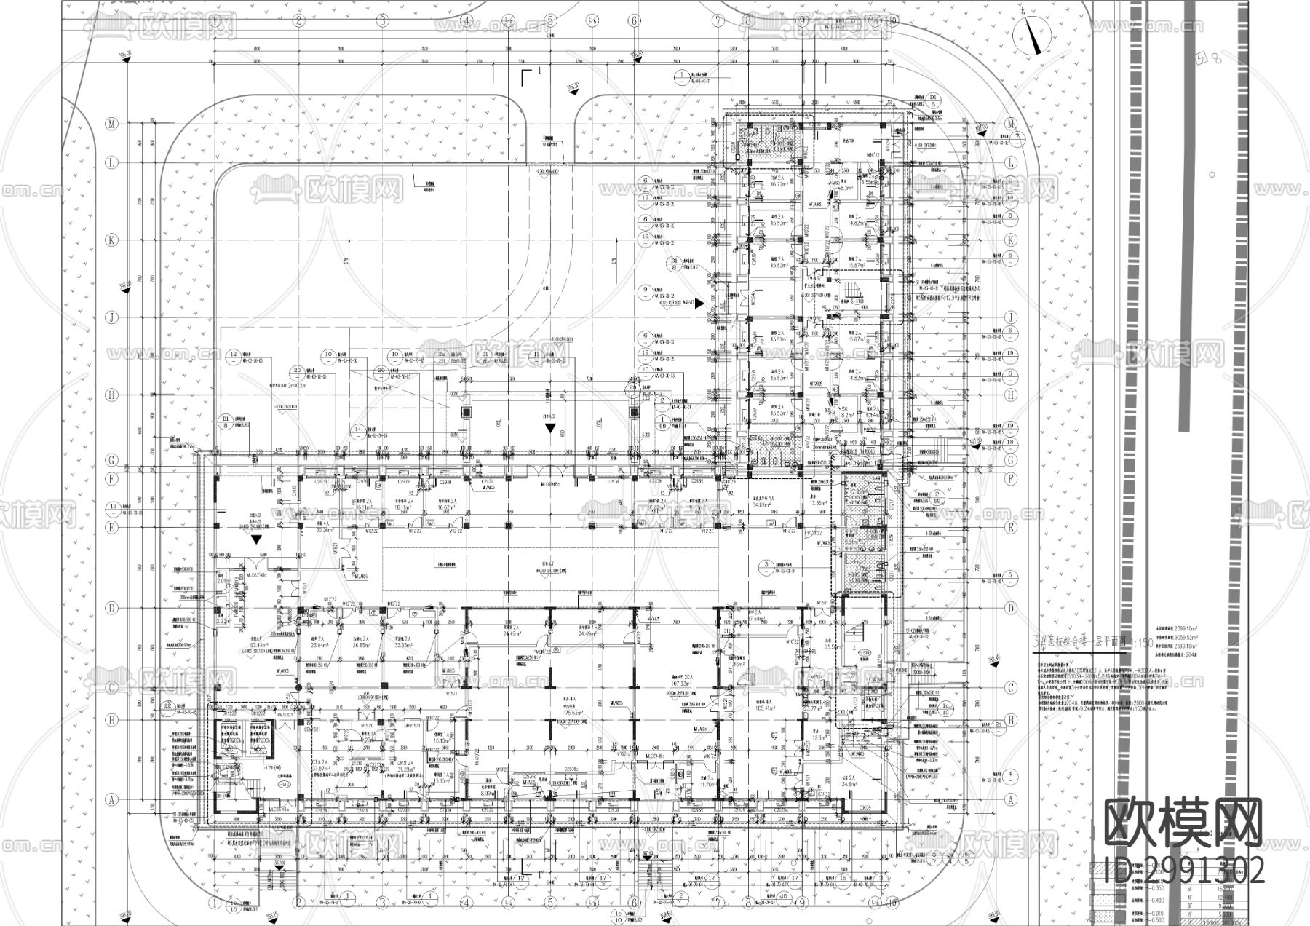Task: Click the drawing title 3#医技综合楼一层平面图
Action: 1092,644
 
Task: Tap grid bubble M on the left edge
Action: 112,124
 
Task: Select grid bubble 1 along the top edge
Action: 214,20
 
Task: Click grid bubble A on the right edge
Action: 1010,799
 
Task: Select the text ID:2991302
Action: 1184,870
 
